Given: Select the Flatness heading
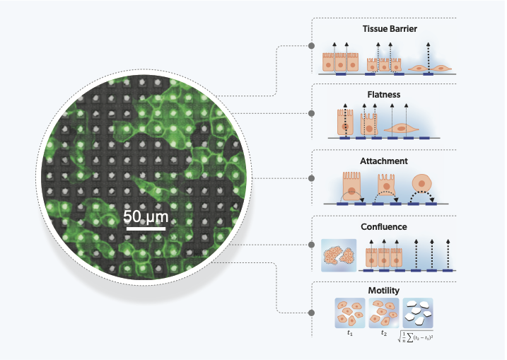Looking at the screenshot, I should (x=384, y=94).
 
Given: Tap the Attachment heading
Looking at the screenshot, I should (x=384, y=161).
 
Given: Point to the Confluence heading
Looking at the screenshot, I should (x=384, y=228).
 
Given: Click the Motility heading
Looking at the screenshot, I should (x=384, y=290).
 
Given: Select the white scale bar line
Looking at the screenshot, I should (x=146, y=228).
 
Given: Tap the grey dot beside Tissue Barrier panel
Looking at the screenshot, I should (x=312, y=47).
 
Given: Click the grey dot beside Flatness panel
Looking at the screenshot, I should (x=312, y=112).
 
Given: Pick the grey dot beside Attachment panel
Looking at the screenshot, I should (x=312, y=178).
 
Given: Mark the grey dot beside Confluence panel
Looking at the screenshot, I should (x=312, y=245).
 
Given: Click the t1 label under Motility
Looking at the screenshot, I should (x=349, y=330).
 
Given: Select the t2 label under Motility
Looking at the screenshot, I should (x=384, y=330).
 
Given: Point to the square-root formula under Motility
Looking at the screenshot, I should (x=418, y=337).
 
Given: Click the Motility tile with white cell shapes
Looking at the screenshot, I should (x=418, y=311).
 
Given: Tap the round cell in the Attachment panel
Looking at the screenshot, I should (x=423, y=185).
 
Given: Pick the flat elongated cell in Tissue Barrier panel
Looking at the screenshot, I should (x=431, y=66).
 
